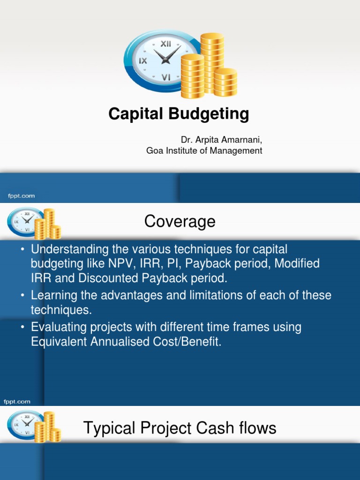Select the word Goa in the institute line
point(155,151)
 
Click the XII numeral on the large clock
point(166,44)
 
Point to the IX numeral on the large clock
point(142,60)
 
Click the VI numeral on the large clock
point(166,78)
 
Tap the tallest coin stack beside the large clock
point(212,61)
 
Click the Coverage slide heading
point(180,221)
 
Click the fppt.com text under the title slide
point(19,196)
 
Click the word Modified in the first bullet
point(297,263)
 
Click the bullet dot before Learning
point(22,296)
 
